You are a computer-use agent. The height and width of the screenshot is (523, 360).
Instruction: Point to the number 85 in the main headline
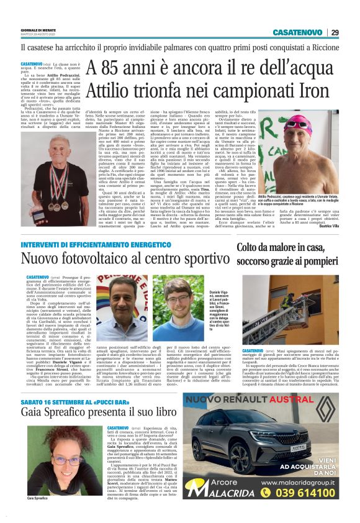pyautogui.click(x=116, y=66)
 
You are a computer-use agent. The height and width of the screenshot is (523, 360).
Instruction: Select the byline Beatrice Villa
pyautogui.click(x=327, y=239)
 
